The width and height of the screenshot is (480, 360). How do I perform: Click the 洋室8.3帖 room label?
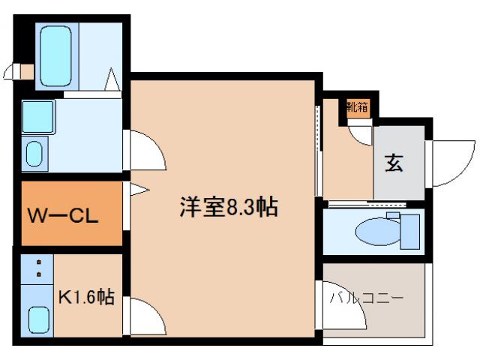pyautogui.click(x=229, y=206)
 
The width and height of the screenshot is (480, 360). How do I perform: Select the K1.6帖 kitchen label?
pyautogui.click(x=86, y=298)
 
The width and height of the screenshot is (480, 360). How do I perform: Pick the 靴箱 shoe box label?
pyautogui.click(x=357, y=107)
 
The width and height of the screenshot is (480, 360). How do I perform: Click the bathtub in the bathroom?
pyautogui.click(x=57, y=56)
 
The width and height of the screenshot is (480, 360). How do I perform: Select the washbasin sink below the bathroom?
pyautogui.click(x=34, y=154)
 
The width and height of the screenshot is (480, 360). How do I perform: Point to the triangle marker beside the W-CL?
pyautogui.click(x=136, y=190)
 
